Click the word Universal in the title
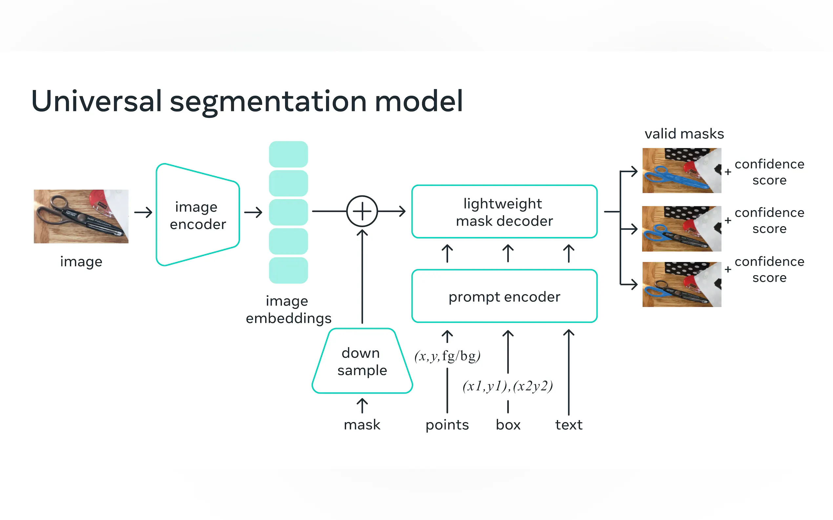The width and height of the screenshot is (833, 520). [x=96, y=101]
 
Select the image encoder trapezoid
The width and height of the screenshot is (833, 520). [x=197, y=215]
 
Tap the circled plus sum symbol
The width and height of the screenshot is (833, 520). [x=362, y=211]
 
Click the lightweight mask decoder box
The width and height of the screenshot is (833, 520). [x=504, y=212]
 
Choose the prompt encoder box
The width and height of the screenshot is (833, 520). [x=504, y=296]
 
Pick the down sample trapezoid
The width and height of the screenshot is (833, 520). [x=362, y=361]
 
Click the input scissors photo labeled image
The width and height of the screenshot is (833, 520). [x=81, y=216]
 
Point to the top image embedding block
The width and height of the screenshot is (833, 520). [x=288, y=155]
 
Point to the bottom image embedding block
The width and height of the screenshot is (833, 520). [x=288, y=270]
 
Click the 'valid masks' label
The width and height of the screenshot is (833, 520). [x=684, y=134]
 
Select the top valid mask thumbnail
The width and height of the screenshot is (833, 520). [x=681, y=171]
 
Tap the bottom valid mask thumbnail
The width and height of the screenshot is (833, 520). [x=681, y=285]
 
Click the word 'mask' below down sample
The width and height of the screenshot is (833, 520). [x=362, y=425]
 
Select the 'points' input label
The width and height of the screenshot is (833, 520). [x=447, y=425]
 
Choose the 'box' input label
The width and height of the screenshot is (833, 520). [x=508, y=425]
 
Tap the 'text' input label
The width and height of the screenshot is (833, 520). [x=569, y=425]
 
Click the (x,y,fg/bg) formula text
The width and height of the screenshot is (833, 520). [x=447, y=356]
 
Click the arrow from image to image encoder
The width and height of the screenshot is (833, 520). [x=143, y=212]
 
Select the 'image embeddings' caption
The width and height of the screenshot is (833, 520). [x=288, y=309]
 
